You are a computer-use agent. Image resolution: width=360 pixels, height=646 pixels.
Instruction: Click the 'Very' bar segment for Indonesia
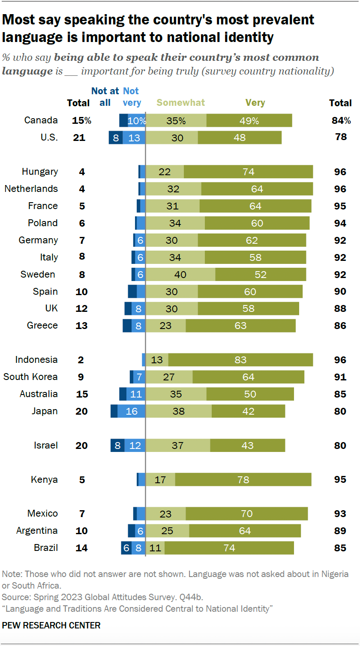(240, 360)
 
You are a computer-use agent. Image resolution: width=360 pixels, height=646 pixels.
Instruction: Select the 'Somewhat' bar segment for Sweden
(180, 274)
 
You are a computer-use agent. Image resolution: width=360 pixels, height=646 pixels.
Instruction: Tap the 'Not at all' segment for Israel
(117, 446)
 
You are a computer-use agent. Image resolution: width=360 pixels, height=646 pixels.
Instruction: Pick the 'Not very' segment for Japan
(132, 411)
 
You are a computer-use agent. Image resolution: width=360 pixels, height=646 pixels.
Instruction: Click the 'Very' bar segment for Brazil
(229, 548)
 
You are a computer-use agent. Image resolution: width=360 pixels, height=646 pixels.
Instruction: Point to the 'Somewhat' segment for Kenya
(160, 480)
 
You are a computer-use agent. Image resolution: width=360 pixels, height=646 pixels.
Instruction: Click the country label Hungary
(39, 172)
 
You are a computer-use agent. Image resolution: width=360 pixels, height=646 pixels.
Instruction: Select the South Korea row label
(30, 377)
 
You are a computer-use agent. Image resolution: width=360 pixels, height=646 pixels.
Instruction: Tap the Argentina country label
(37, 531)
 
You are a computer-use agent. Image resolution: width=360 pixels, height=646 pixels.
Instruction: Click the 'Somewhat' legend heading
(181, 103)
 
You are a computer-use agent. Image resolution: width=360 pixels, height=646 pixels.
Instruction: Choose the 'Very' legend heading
(255, 103)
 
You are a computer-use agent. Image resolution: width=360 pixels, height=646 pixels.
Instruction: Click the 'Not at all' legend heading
(105, 97)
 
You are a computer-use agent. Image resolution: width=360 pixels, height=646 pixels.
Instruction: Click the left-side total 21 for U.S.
(80, 138)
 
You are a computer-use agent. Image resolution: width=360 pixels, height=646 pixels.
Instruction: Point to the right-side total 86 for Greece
(340, 326)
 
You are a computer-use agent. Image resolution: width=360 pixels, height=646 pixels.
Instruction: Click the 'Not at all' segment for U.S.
(116, 138)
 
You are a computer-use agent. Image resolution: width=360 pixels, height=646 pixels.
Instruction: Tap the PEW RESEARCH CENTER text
(51, 625)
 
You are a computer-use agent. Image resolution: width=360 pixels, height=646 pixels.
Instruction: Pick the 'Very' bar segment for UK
(248, 308)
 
